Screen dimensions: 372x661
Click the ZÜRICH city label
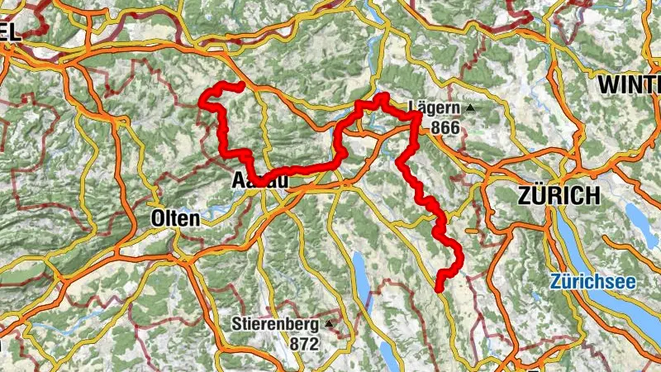(558, 196)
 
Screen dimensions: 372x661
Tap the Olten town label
(175, 219)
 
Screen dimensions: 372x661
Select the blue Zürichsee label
(593, 282)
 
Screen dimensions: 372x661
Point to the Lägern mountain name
(435, 107)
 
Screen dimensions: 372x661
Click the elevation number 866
(444, 126)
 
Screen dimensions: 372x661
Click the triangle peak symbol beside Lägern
(470, 107)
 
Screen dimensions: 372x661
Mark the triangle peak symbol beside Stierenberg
(329, 323)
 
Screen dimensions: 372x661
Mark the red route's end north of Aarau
(240, 86)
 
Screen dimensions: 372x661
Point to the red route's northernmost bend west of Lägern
(381, 97)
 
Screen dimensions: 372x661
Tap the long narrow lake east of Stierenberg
(361, 277)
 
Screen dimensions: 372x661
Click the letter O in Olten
(158, 219)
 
